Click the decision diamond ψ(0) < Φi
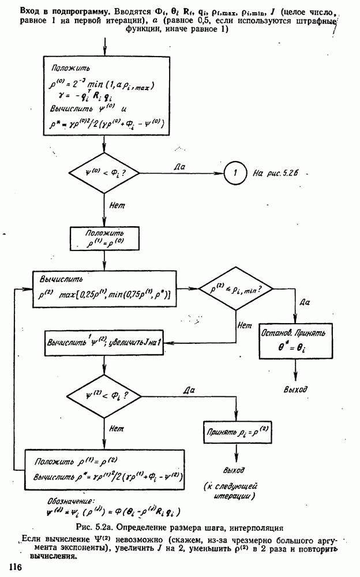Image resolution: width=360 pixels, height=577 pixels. (x=104, y=173)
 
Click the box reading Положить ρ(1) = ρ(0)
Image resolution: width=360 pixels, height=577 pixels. (x=104, y=237)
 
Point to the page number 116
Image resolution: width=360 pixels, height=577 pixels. (x=14, y=568)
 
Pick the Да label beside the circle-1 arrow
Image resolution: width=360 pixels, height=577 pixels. (x=179, y=166)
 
